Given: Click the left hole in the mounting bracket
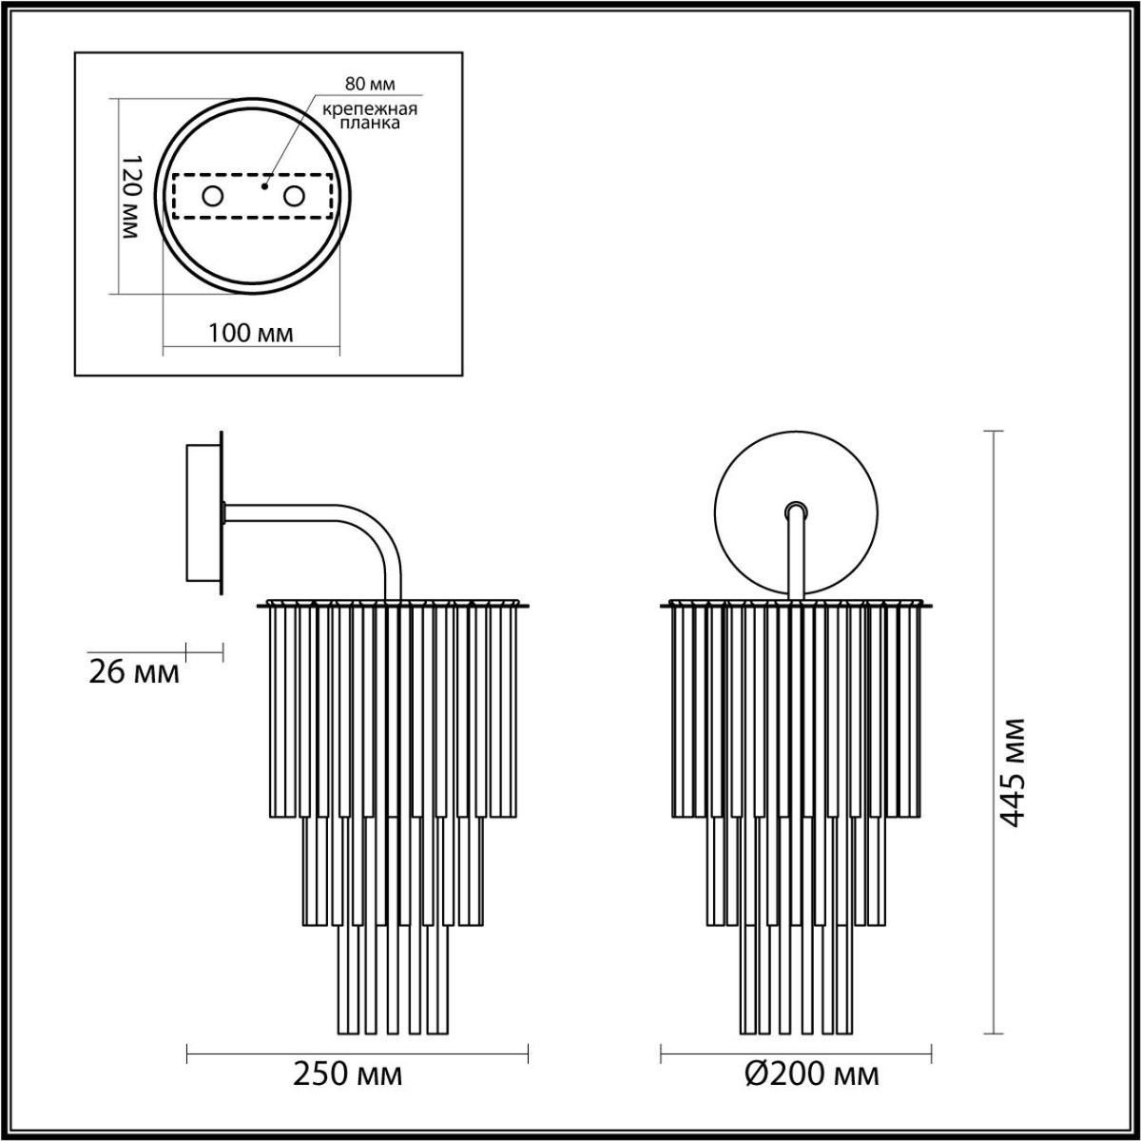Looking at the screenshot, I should (211, 197).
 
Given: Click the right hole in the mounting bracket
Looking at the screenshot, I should (294, 197).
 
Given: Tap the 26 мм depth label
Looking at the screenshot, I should (133, 672).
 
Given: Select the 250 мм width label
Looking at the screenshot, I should (347, 1074).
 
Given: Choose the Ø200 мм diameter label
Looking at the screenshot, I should (811, 1074).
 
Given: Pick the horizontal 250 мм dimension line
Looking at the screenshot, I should (358, 1052).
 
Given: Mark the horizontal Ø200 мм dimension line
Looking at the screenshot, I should (796, 1052).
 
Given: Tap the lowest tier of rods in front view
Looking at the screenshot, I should (796, 979).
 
